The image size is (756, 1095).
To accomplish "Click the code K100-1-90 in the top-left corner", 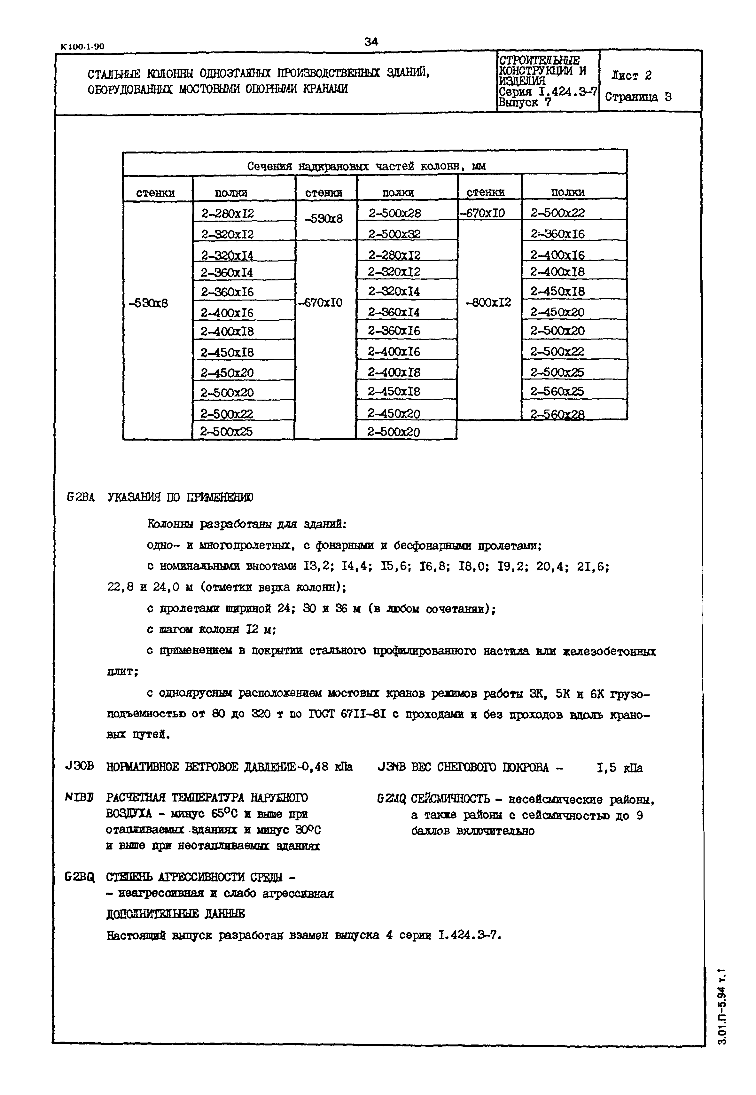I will coord(82,46).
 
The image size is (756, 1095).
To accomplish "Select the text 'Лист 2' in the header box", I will coord(631,75).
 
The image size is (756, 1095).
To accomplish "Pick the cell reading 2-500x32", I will coord(394,234).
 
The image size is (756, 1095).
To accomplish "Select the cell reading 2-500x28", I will coord(394,213).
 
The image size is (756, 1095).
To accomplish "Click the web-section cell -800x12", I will coord(488,302).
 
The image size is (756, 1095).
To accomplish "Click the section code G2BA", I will coord(81,497).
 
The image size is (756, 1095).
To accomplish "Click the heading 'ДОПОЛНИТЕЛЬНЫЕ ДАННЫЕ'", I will coord(175,914).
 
